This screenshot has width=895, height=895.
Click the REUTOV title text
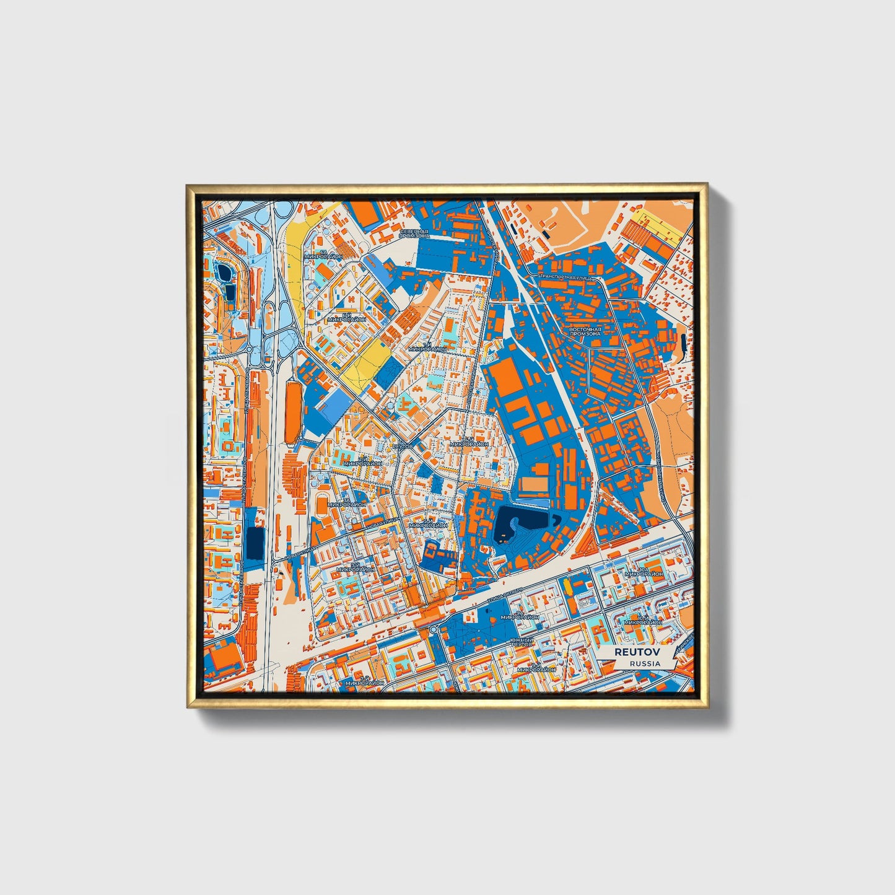pos(637,652)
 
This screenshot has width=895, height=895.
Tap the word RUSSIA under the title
pos(645,663)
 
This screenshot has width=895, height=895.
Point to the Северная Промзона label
pos(414,234)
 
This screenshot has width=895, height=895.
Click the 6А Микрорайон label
pos(325,253)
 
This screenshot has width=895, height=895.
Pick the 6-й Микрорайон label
pos(347,317)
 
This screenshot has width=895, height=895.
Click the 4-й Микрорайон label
pos(469,442)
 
